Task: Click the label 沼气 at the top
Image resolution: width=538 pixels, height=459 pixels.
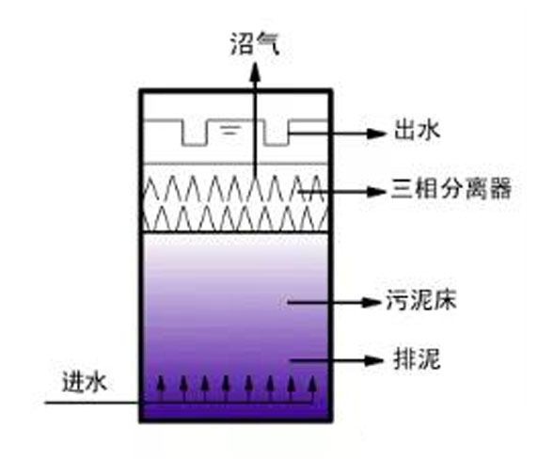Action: tap(255, 44)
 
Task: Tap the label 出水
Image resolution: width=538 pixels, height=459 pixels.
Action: tap(417, 130)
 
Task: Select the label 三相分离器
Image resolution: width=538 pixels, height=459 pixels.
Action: tap(451, 188)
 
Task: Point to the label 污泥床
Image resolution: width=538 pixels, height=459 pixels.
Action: tap(420, 300)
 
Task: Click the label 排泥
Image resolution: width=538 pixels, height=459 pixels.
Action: tap(417, 359)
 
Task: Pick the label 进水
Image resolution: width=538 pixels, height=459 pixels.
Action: tap(84, 382)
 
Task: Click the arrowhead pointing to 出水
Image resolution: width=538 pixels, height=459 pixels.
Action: tap(376, 134)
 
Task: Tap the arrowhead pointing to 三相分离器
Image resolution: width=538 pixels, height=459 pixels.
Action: tap(376, 191)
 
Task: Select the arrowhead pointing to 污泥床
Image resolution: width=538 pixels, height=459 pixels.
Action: tap(372, 302)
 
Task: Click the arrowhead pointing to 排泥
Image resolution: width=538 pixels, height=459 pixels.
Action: tap(373, 360)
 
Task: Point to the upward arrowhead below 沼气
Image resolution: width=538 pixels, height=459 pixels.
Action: tap(255, 71)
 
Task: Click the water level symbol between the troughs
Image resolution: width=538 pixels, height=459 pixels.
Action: tap(230, 130)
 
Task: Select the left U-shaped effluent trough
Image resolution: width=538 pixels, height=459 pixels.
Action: tap(196, 133)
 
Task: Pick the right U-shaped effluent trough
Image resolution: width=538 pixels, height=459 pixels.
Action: tap(277, 133)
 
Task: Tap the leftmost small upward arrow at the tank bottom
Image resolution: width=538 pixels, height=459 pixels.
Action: tap(160, 388)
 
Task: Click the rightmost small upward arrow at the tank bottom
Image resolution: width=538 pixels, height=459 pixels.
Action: tap(312, 388)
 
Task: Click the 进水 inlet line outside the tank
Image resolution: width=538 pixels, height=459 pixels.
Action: tap(92, 403)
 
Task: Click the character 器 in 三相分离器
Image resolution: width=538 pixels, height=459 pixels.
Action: tap(500, 188)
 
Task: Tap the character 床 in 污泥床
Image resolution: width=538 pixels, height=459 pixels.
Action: tap(445, 300)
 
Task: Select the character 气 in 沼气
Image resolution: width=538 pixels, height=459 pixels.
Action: tap(268, 44)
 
